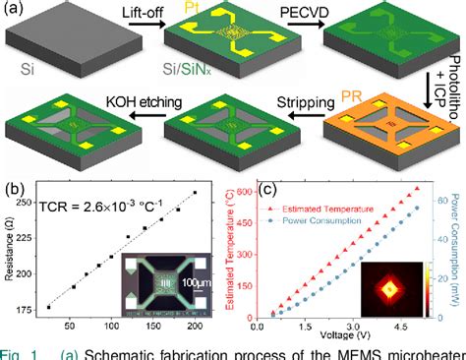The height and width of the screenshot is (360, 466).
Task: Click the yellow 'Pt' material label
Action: [x=219, y=7]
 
